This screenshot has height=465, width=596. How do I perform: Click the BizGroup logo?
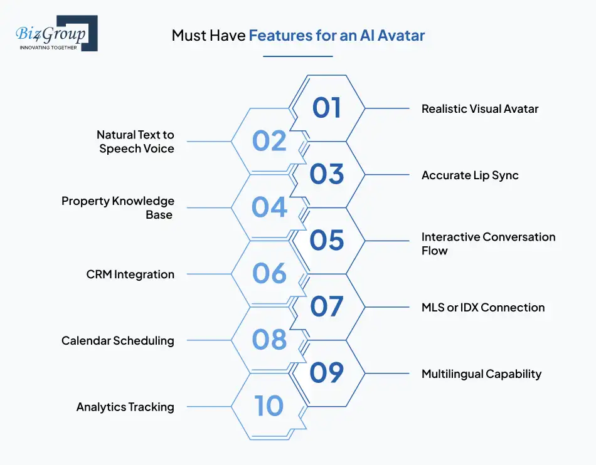pyautogui.click(x=56, y=33)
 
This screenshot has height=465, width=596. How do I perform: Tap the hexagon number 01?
pyautogui.click(x=327, y=108)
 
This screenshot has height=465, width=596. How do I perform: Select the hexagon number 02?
pyautogui.click(x=269, y=141)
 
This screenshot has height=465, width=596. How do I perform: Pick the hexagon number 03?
pyautogui.click(x=327, y=174)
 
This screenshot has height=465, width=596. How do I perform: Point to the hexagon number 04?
pyautogui.click(x=269, y=207)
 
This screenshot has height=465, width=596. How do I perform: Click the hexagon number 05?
pyautogui.click(x=327, y=241)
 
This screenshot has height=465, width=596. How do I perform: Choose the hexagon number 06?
pyautogui.click(x=269, y=274)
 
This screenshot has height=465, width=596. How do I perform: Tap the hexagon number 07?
pyautogui.click(x=327, y=307)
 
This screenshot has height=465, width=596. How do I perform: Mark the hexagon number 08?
pyautogui.click(x=269, y=340)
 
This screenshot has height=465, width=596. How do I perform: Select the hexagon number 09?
pyautogui.click(x=327, y=374)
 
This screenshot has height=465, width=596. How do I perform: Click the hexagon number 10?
pyautogui.click(x=269, y=407)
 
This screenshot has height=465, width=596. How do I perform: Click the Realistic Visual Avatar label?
pyautogui.click(x=480, y=108)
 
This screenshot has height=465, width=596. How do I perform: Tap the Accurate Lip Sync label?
pyautogui.click(x=470, y=175)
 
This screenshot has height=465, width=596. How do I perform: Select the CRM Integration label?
pyautogui.click(x=130, y=274)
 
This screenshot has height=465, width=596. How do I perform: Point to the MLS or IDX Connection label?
pyautogui.click(x=483, y=307)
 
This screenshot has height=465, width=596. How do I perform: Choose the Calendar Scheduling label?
pyautogui.click(x=118, y=340)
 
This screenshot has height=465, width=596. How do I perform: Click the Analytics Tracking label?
pyautogui.click(x=125, y=407)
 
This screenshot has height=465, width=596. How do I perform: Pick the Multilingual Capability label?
pyautogui.click(x=481, y=374)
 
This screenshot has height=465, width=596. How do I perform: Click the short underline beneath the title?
pyautogui.click(x=298, y=56)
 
